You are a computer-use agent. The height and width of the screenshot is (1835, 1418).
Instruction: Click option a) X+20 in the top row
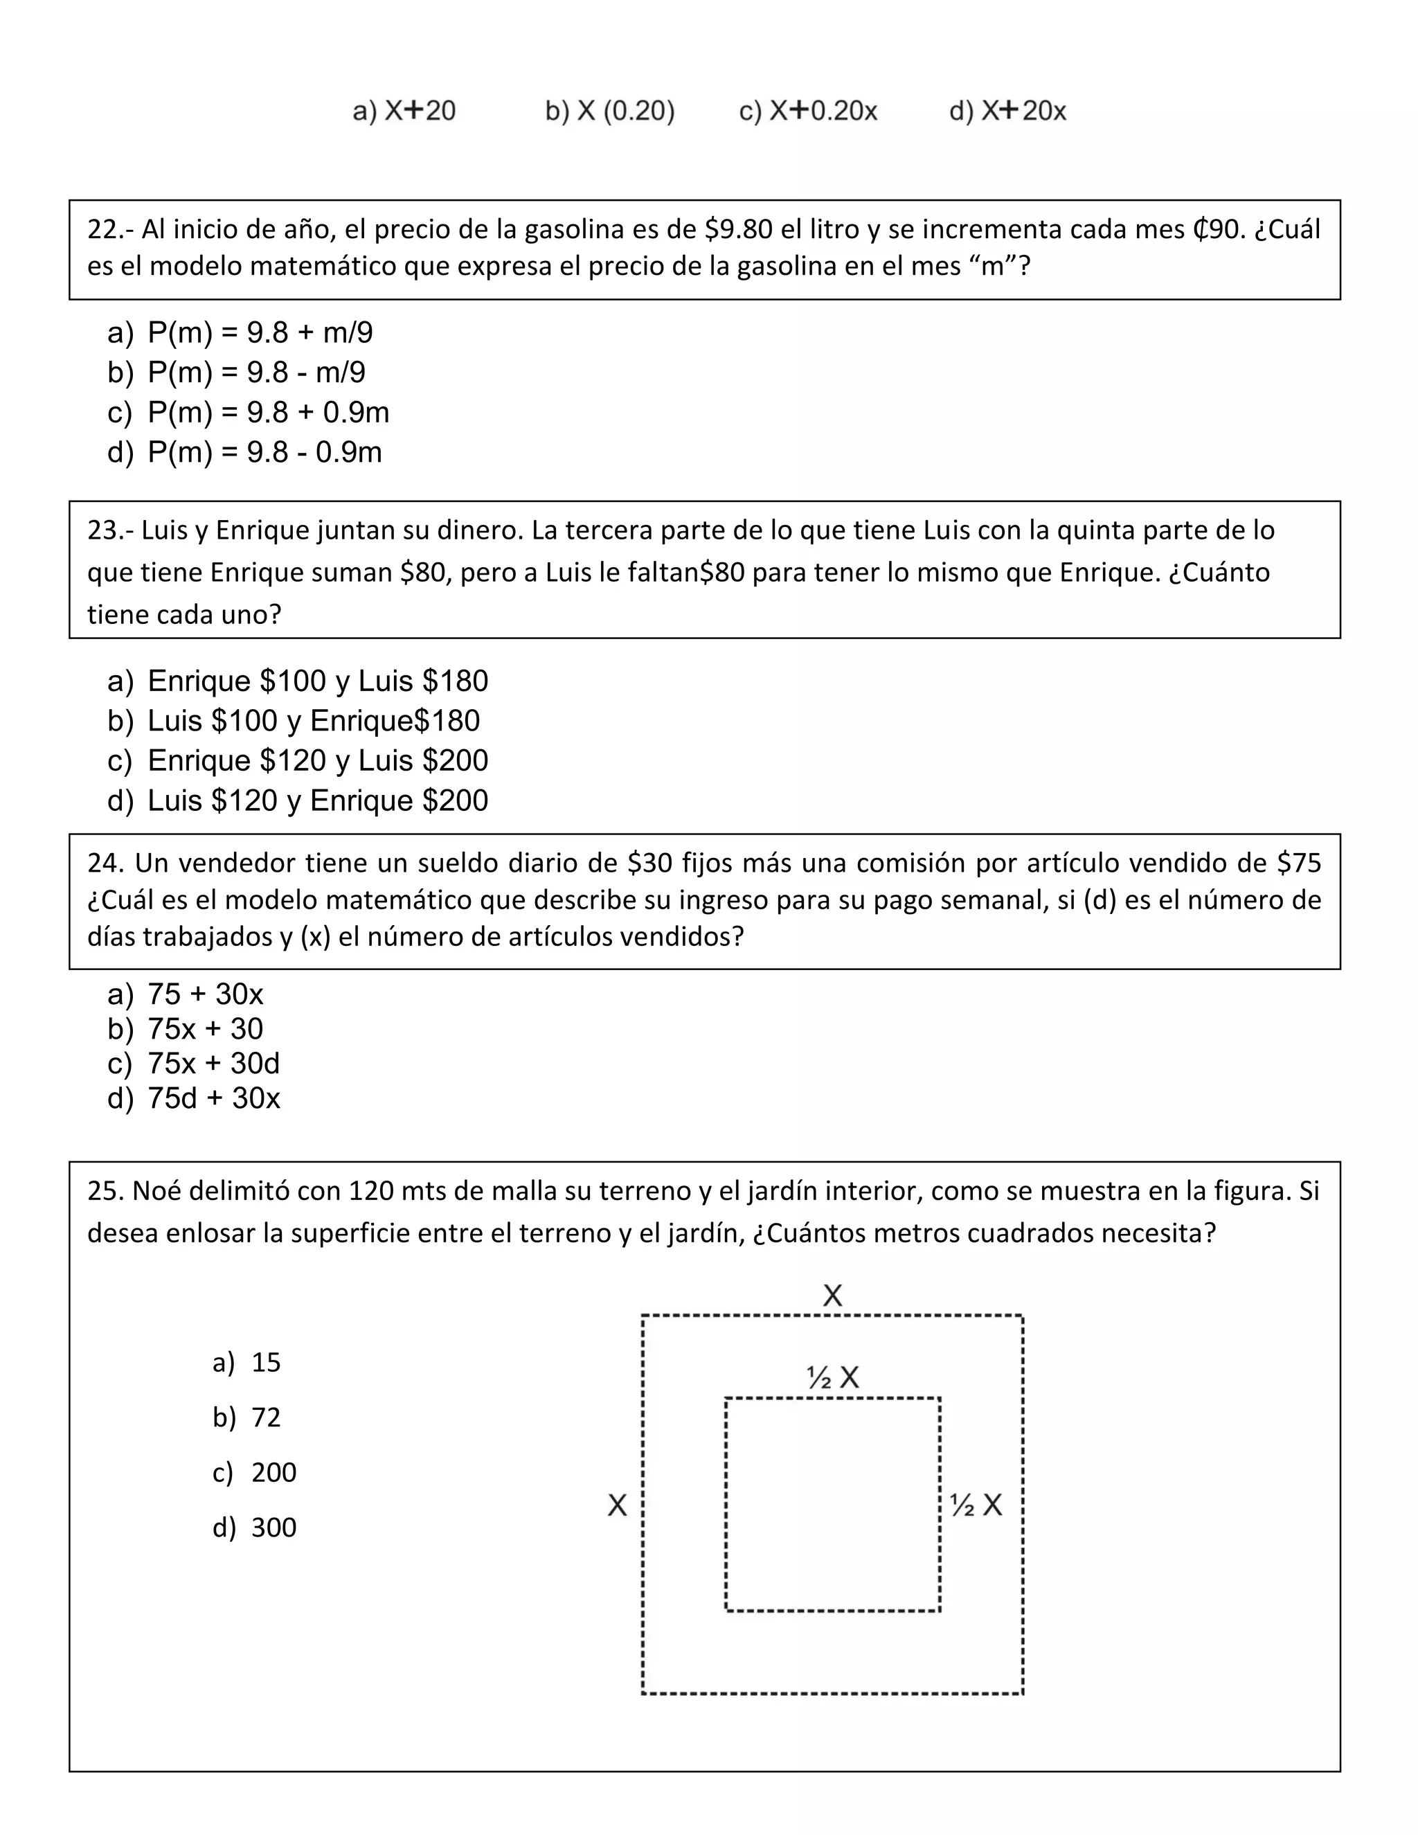[404, 111]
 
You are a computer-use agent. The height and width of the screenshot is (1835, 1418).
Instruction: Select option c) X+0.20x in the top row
[808, 111]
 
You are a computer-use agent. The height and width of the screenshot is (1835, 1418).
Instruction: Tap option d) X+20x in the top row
[1007, 111]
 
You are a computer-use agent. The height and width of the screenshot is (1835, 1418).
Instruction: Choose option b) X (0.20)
[610, 111]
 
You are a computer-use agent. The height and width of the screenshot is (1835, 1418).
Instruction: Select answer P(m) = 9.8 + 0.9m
[268, 412]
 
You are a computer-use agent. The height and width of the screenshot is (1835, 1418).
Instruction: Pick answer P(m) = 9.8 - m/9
[256, 373]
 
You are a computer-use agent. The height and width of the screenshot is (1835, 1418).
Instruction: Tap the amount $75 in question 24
[1299, 863]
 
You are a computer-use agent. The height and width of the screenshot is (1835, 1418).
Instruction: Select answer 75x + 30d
[213, 1063]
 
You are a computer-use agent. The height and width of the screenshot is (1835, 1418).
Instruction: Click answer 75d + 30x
[213, 1098]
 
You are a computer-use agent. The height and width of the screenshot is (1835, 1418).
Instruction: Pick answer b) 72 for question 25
[265, 1417]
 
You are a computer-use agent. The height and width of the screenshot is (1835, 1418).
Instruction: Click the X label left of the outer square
[618, 1505]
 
